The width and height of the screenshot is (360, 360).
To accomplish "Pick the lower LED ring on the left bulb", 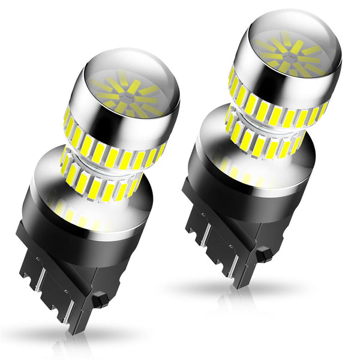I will [x=99, y=180].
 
